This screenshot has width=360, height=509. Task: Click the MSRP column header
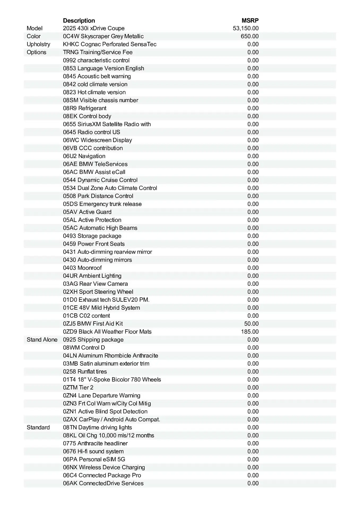pos(250,20)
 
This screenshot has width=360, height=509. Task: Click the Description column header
pos(79,20)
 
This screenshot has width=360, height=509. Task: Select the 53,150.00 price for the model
pos(246,28)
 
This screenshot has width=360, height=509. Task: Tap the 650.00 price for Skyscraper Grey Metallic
pos(250,36)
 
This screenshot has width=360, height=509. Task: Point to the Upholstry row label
pos(38,44)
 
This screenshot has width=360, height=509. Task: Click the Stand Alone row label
pos(42,340)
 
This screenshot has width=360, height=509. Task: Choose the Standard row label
pos(38,427)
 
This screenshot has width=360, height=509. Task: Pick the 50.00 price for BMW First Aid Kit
pos(251,324)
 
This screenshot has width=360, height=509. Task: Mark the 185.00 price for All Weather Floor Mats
pos(250,332)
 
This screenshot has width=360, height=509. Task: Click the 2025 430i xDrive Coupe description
pos(94,28)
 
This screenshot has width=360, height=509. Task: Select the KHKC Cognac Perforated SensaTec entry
pos(110,44)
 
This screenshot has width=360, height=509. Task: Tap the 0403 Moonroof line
pos(82,268)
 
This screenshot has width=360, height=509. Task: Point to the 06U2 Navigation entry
pos(84,156)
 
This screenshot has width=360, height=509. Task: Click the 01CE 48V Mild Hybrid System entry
pos(101,308)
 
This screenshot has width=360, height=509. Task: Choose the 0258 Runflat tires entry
pos(85,371)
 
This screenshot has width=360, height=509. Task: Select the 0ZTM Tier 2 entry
pos(78,388)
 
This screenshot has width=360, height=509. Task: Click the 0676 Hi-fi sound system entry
pos(93,451)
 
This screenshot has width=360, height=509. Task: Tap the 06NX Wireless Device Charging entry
pos(104,467)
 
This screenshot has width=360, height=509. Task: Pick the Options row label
pos(36,52)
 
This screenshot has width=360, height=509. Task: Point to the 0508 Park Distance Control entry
pos(98,196)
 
